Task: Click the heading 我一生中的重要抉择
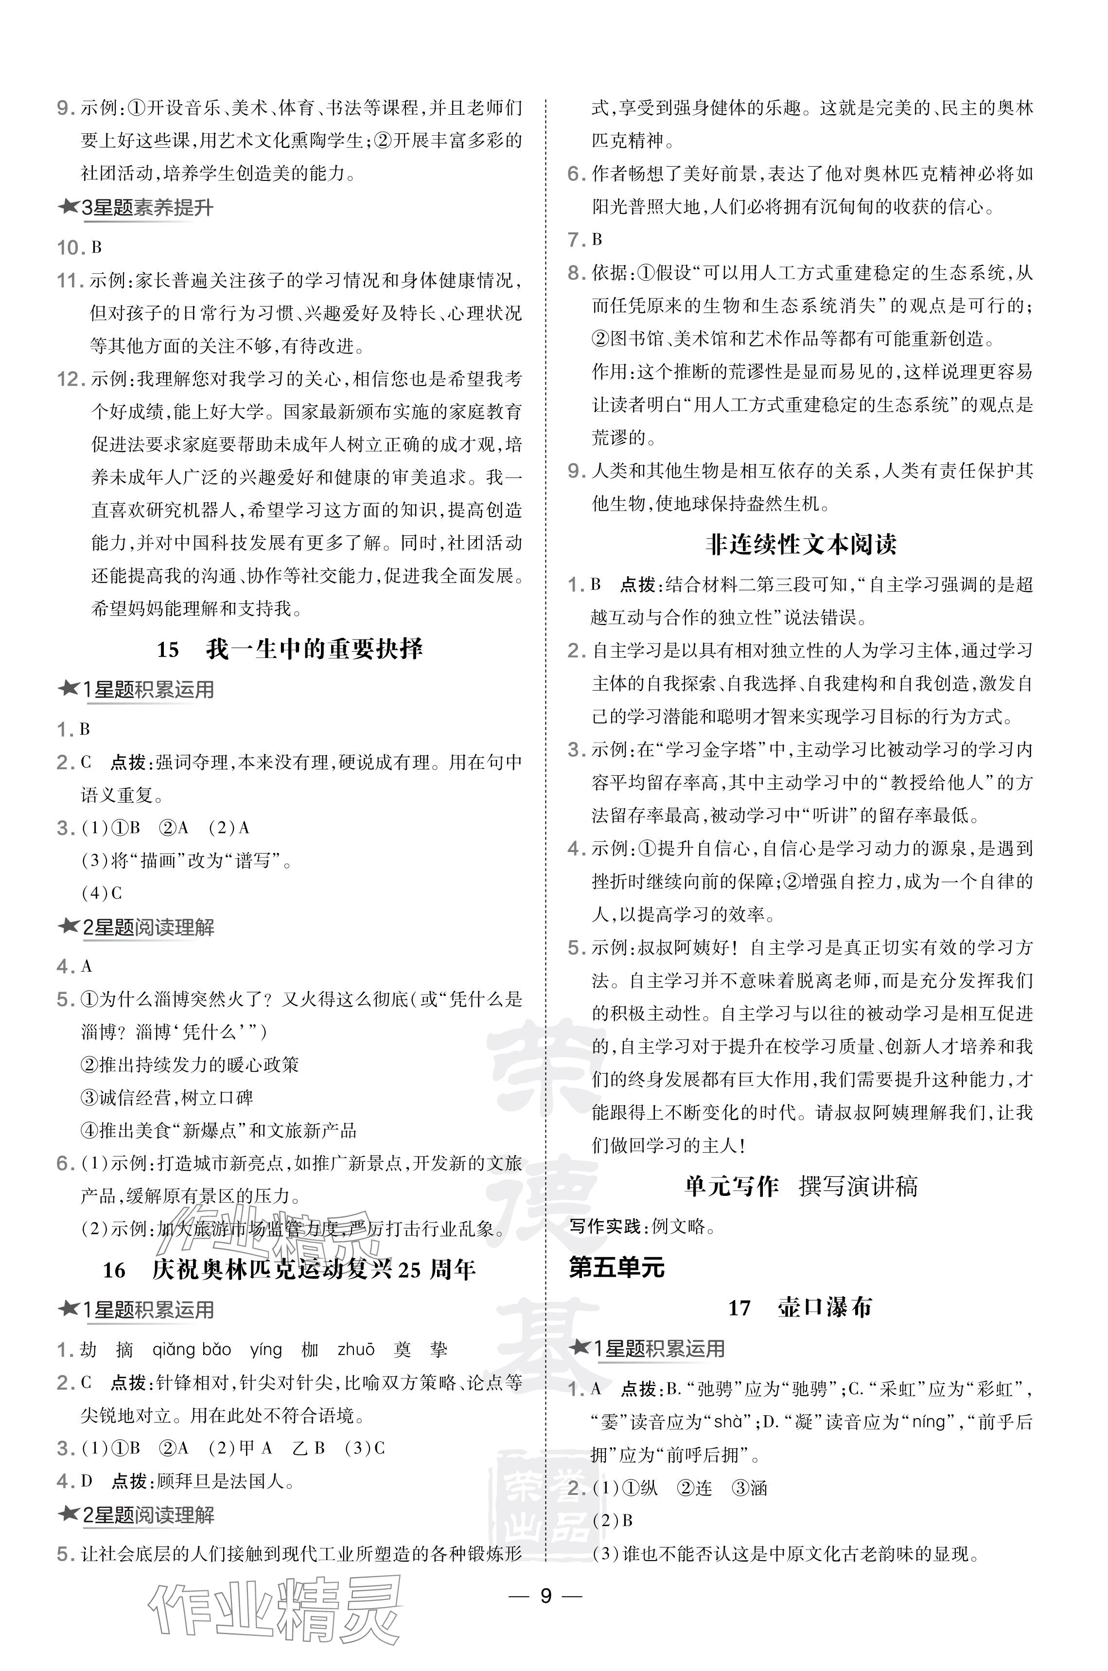(315, 649)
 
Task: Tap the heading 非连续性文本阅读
(801, 544)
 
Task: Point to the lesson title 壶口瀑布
(824, 1308)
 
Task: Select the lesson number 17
(739, 1308)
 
